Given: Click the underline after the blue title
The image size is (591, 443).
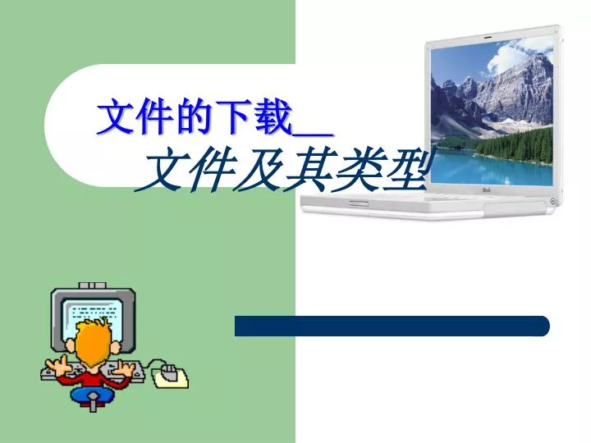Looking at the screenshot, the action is [313, 134].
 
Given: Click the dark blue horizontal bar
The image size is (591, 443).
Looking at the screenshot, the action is [392, 326].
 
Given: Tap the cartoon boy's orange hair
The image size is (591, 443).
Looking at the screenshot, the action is [90, 344].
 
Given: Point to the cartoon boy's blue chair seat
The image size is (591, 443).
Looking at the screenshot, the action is [92, 395].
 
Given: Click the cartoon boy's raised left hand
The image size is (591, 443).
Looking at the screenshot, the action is [55, 364].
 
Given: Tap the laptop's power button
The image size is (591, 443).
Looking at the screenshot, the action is [552, 201].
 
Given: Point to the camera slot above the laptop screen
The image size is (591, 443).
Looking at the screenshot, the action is [488, 37].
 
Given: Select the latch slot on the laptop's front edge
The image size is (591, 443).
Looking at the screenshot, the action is [359, 203].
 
